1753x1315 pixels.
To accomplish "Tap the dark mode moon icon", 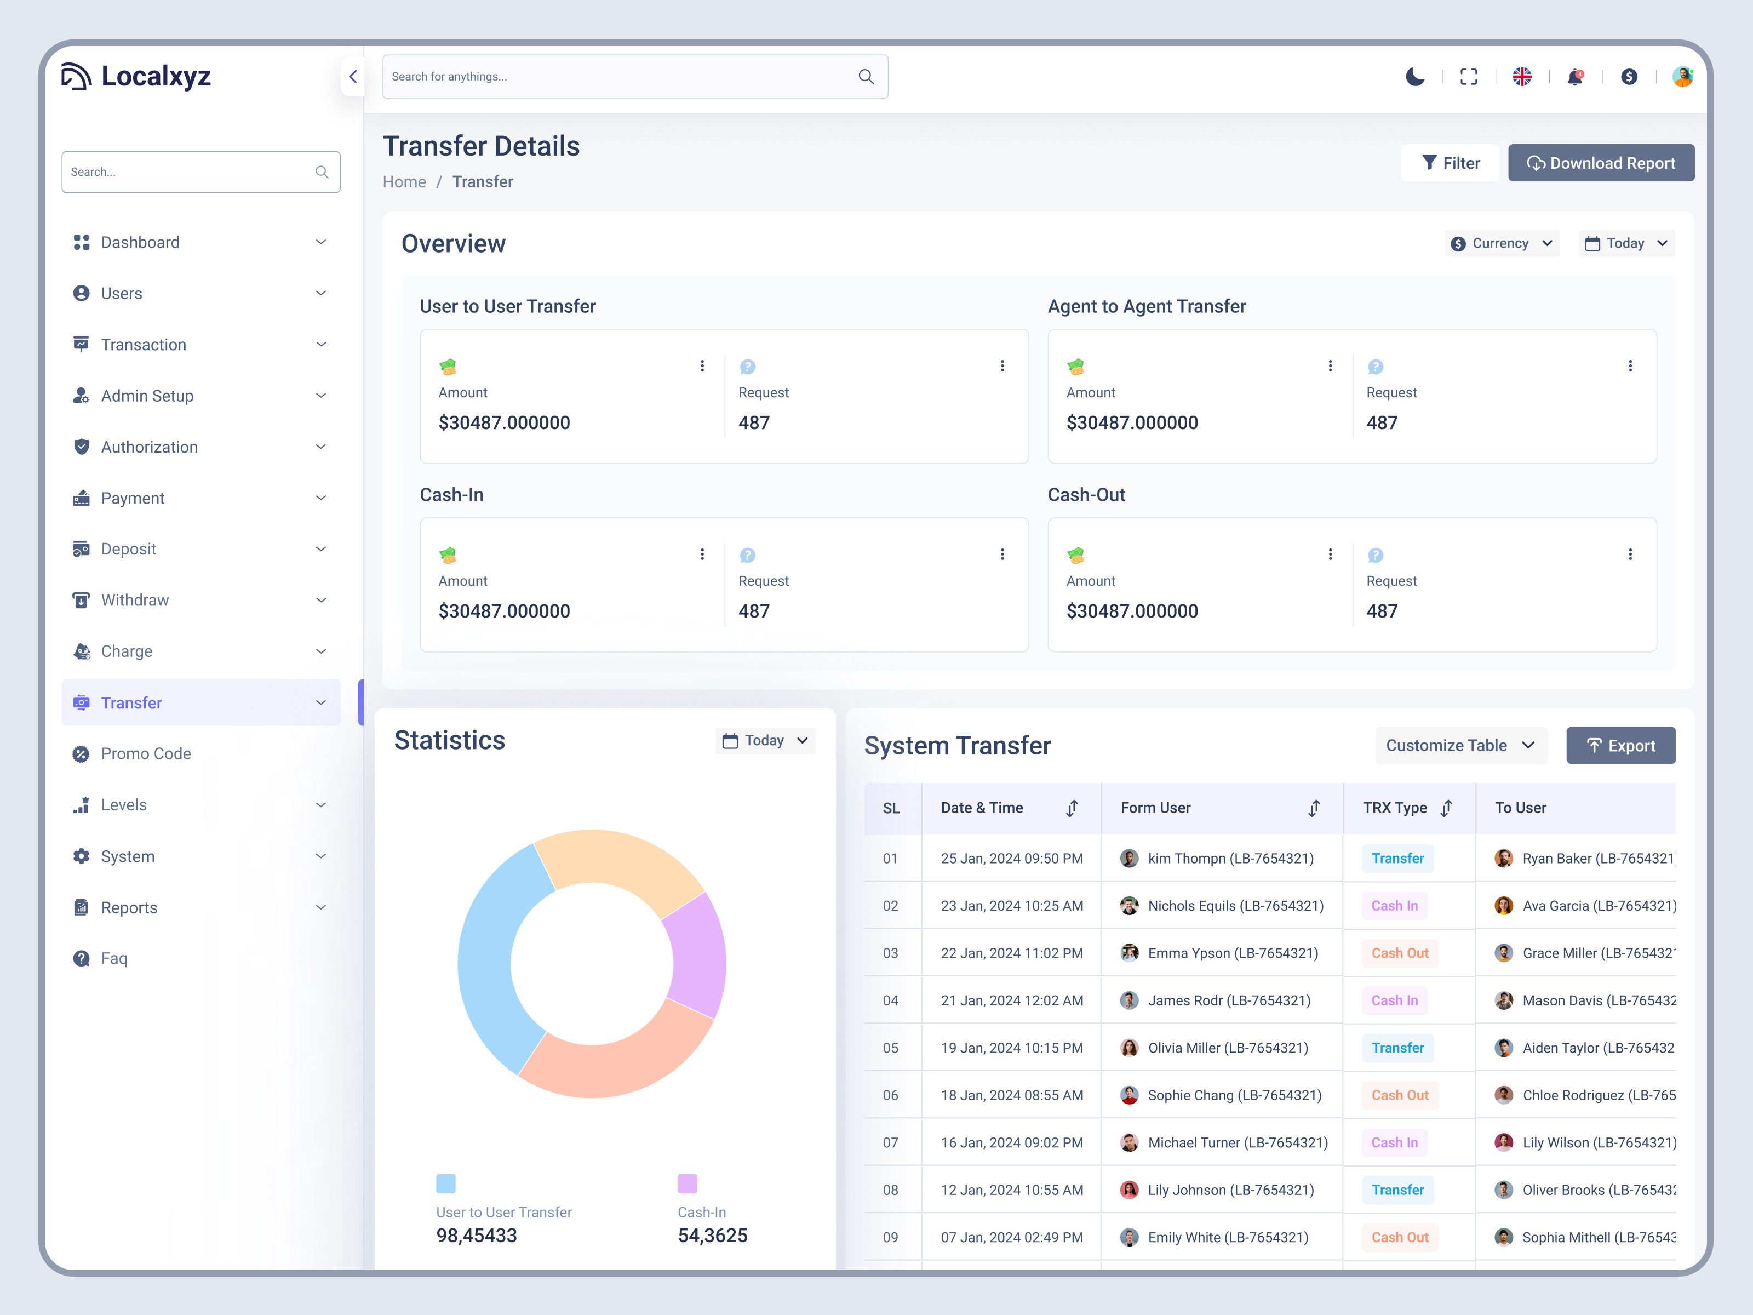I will point(1414,77).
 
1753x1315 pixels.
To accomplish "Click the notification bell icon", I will point(1575,77).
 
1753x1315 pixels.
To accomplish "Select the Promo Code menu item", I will point(146,754).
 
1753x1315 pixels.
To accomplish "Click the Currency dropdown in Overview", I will point(1501,243).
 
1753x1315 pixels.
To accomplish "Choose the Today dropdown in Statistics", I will point(765,740).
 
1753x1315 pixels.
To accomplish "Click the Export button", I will point(1620,746).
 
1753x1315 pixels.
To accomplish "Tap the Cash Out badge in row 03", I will point(1400,953).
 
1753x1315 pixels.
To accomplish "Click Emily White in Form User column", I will point(1227,1237).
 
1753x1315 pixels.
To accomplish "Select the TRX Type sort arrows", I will point(1446,808).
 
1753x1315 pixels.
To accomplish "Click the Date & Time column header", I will point(982,808).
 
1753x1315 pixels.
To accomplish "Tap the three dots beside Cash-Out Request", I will point(1630,554).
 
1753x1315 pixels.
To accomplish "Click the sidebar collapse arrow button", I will point(353,77).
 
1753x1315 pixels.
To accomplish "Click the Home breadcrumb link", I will point(404,182).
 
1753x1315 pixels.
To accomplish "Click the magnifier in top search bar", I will point(866,77).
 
